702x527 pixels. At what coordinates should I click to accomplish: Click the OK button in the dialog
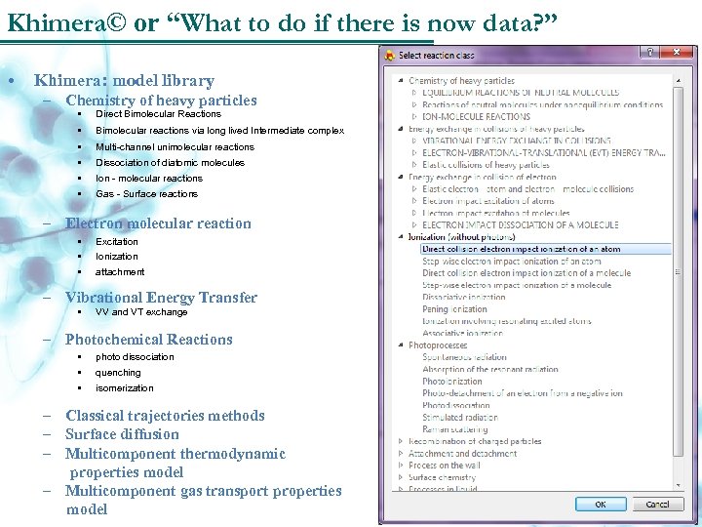pyautogui.click(x=600, y=505)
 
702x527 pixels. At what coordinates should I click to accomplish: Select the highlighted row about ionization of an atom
pyautogui.click(x=522, y=249)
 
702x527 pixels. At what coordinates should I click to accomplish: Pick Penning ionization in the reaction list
pyautogui.click(x=454, y=308)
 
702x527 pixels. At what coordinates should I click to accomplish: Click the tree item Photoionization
pyautogui.click(x=452, y=382)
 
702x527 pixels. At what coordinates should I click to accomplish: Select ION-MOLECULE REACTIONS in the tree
pyautogui.click(x=476, y=116)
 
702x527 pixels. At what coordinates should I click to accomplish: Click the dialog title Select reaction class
pyautogui.click(x=439, y=55)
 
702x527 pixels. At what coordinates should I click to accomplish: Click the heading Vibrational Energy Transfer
pyautogui.click(x=161, y=298)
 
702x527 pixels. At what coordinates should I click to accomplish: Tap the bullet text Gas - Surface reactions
pyautogui.click(x=146, y=194)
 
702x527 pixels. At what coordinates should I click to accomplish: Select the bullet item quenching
pyautogui.click(x=118, y=373)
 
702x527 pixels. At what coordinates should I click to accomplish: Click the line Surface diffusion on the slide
pyautogui.click(x=122, y=434)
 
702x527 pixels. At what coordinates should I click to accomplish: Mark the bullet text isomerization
pyautogui.click(x=124, y=388)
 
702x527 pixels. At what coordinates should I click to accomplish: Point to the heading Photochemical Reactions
pyautogui.click(x=148, y=340)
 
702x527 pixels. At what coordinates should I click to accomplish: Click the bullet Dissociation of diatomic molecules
pyautogui.click(x=170, y=163)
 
